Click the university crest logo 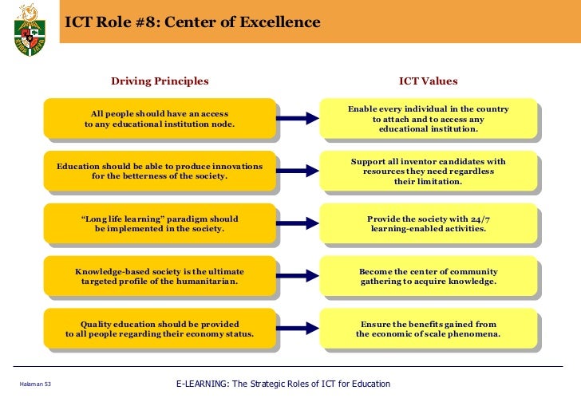(x=30, y=30)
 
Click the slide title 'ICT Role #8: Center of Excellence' (x=192, y=22)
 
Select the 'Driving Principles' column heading (x=160, y=81)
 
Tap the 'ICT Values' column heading (x=428, y=81)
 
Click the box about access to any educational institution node (x=160, y=119)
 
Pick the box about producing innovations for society (x=160, y=171)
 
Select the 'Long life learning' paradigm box (x=160, y=223)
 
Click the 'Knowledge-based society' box (x=160, y=276)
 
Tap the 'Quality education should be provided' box (x=160, y=329)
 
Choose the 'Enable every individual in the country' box (x=428, y=119)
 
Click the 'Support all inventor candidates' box (x=428, y=171)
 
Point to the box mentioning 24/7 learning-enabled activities (x=428, y=223)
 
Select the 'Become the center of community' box (x=428, y=276)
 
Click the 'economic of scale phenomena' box (x=428, y=329)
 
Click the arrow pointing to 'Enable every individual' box (x=298, y=119)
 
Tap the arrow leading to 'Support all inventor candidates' (x=298, y=171)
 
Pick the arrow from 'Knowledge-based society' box (x=298, y=276)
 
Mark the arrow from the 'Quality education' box (x=298, y=329)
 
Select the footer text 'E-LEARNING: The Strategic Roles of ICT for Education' (x=283, y=384)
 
